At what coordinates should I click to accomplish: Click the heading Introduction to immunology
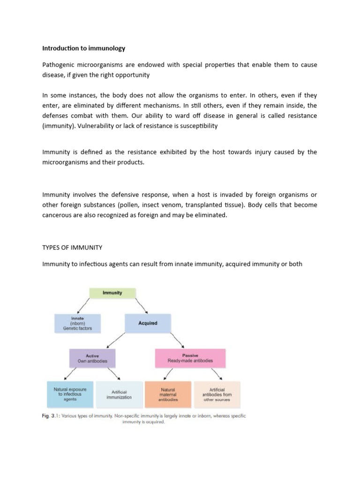84,48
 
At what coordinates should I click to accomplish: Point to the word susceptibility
194,126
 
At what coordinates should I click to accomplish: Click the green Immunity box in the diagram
112,293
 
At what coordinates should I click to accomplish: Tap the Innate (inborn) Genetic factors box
77,323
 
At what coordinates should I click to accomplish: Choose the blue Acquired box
148,323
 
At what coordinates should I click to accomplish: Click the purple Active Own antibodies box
92,358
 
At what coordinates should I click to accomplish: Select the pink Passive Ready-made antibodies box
190,358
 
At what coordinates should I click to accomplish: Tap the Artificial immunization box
119,395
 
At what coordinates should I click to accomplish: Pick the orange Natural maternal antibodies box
167,394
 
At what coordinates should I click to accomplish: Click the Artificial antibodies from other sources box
217,394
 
